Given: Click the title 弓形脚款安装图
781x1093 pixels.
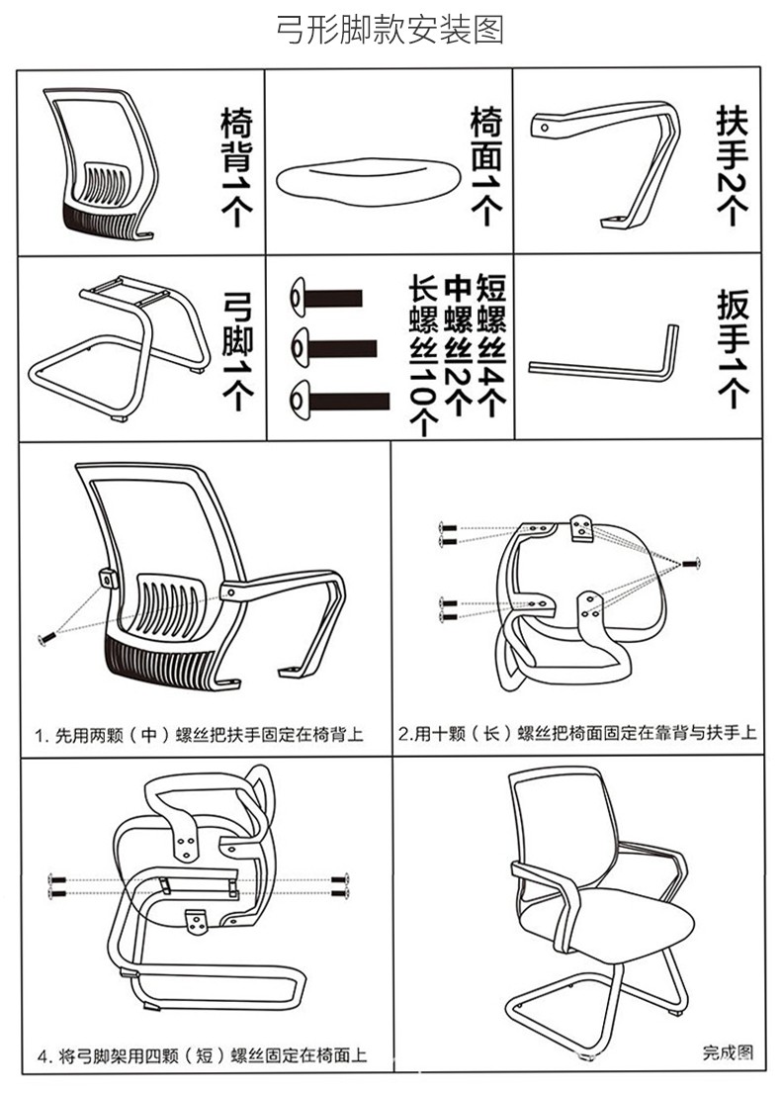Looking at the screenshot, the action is coord(390,29).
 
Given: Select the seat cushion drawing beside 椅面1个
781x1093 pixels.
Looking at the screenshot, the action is coord(365,181).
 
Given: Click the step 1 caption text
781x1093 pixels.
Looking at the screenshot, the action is coord(199,735).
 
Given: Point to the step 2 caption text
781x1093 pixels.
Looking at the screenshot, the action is coord(577,734).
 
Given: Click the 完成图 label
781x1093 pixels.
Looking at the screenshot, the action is coord(728,1052).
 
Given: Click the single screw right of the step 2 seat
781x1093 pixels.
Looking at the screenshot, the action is coord(691,563).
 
